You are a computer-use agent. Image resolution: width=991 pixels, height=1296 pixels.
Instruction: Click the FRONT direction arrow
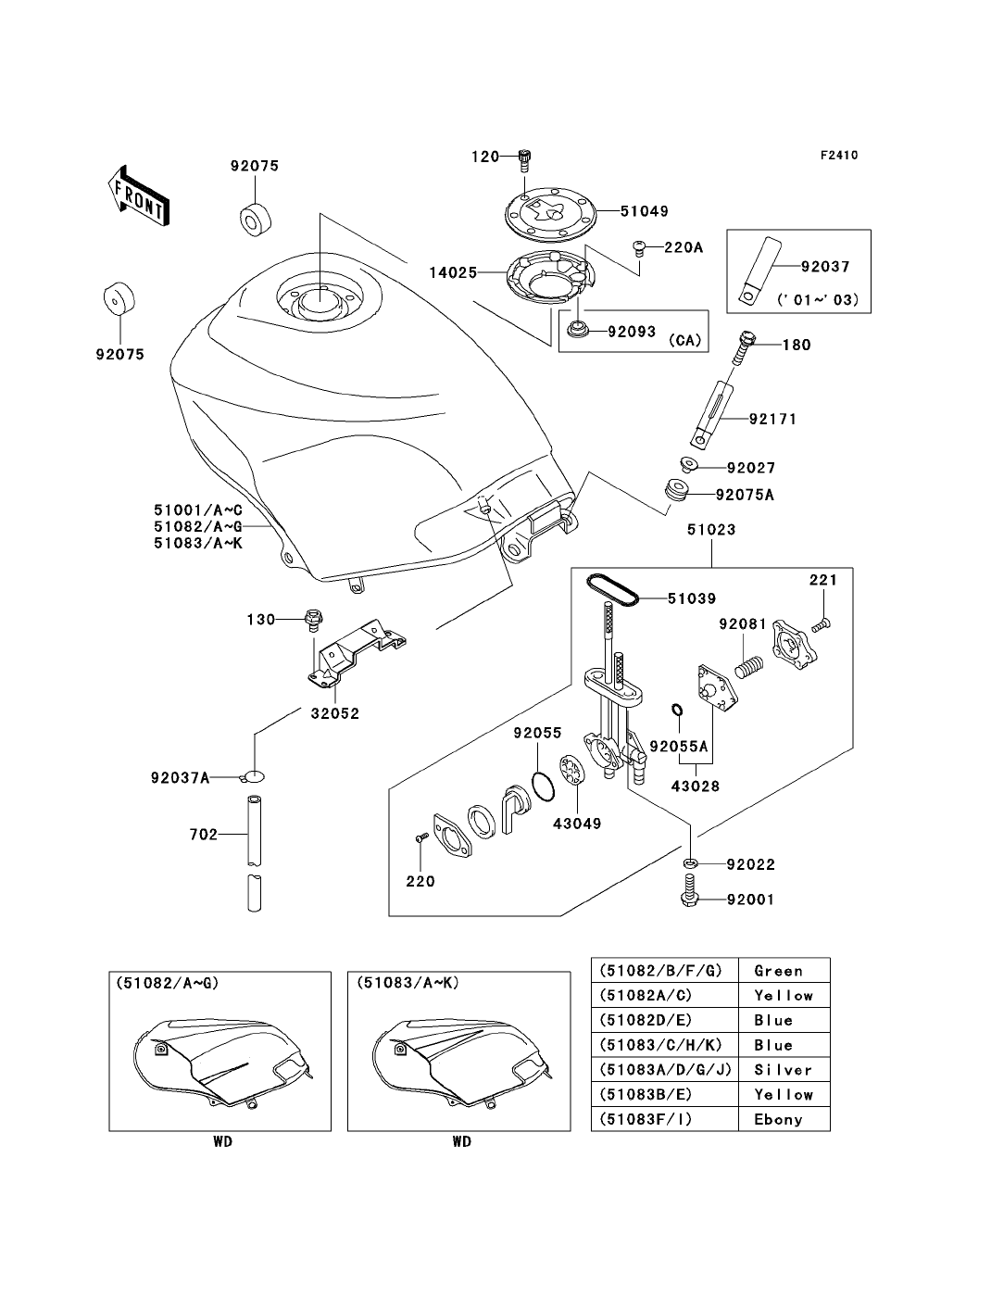point(137,196)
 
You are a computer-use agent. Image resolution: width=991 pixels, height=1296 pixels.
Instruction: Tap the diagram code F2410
point(837,156)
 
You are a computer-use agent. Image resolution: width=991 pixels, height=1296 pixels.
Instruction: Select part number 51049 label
point(646,211)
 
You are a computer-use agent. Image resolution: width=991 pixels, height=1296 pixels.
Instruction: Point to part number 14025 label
point(453,272)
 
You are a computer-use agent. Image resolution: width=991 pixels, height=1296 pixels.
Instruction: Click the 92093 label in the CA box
point(633,331)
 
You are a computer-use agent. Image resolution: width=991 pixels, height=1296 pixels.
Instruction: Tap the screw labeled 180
point(742,349)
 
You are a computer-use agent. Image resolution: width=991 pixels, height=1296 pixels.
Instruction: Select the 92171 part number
point(772,419)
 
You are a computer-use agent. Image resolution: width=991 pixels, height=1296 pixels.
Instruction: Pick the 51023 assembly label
point(711,530)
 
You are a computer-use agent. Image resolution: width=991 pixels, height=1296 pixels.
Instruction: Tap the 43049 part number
point(577,823)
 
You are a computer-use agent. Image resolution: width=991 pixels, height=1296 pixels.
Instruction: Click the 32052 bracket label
point(334,714)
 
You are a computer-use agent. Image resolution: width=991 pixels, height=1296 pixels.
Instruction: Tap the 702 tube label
point(203,835)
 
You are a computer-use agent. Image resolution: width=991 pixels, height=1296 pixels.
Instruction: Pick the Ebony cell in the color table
point(778,1119)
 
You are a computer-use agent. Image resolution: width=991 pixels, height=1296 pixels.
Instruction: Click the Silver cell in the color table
point(783,1069)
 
